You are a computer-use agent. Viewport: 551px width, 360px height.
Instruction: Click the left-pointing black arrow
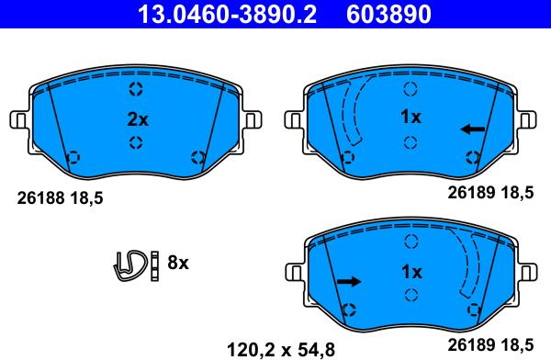[x=473, y=129]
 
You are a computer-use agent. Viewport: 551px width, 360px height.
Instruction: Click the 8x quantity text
[x=176, y=263]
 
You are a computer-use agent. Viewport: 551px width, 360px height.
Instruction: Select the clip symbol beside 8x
[x=132, y=263]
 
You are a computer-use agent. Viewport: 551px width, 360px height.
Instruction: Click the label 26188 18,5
[x=61, y=197]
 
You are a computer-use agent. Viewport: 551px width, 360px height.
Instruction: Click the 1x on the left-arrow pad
[x=410, y=118]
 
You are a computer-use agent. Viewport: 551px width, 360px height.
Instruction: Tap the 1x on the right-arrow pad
[x=410, y=273]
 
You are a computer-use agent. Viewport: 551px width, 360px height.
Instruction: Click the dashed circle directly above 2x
[x=136, y=90]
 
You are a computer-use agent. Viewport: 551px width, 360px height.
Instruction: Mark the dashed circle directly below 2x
[x=136, y=141]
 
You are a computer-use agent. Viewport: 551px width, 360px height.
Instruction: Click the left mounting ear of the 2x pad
[x=19, y=120]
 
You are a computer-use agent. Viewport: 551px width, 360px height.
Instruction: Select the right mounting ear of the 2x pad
[x=252, y=120]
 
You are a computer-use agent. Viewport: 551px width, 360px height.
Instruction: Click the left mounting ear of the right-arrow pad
[x=296, y=274]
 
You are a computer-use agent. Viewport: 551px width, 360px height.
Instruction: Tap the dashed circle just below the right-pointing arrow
[x=349, y=309]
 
